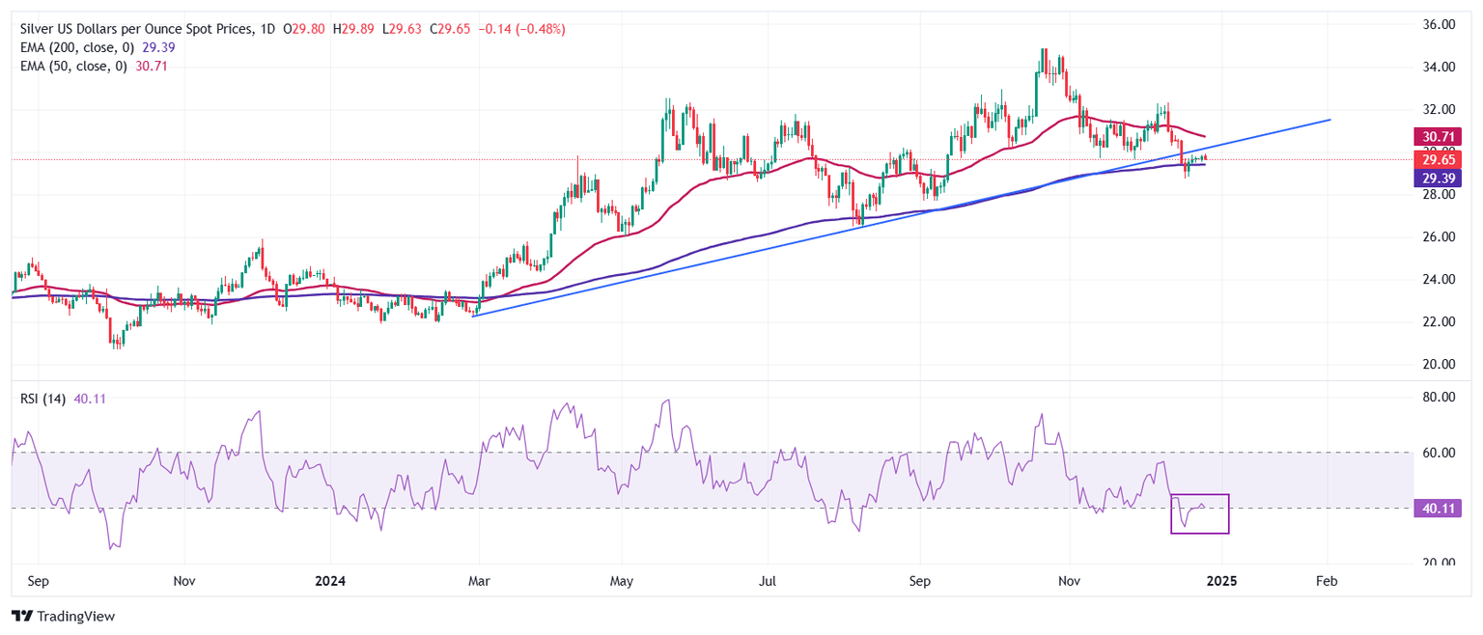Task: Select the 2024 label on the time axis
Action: (329, 582)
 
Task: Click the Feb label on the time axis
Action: (1327, 582)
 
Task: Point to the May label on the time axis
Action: (622, 582)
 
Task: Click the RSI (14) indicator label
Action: (42, 399)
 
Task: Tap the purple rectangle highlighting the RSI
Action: (1199, 514)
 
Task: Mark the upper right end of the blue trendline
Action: (1330, 120)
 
